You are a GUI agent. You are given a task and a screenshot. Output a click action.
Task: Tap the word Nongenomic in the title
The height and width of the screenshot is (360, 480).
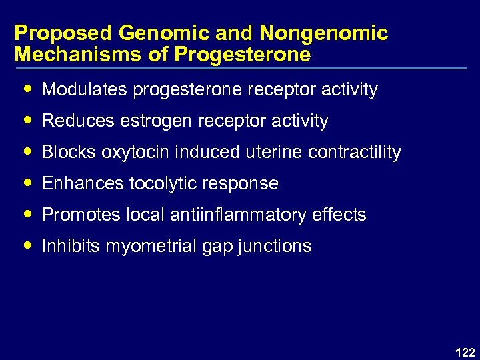click(324, 33)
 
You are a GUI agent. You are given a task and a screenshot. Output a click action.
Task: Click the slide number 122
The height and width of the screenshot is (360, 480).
click(464, 352)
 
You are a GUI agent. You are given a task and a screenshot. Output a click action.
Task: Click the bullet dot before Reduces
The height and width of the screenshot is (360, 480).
click(27, 121)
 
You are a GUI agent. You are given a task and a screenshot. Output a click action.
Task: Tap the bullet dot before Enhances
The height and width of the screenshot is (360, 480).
click(27, 183)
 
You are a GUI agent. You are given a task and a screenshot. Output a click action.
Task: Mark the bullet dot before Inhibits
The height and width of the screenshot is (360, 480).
click(27, 246)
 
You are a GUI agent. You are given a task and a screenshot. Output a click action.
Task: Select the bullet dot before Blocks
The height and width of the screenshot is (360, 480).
click(27, 152)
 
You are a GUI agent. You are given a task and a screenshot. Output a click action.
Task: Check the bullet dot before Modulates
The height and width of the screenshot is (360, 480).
click(27, 89)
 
